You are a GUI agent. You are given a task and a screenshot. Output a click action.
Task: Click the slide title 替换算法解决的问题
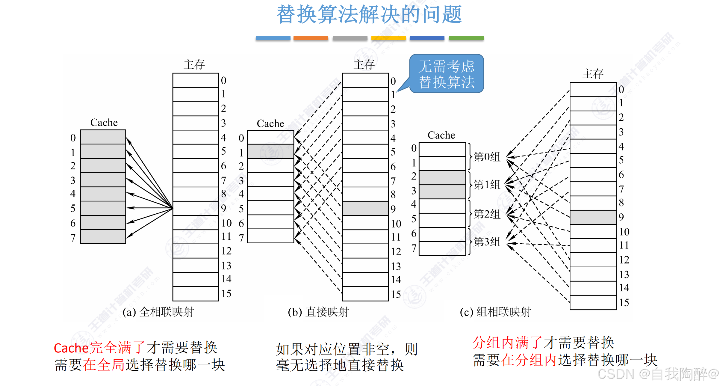pyautogui.click(x=369, y=14)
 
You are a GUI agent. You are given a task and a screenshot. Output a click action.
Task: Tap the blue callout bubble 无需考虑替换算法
pyautogui.click(x=446, y=74)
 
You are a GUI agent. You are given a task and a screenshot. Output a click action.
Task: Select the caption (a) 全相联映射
pyautogui.click(x=158, y=312)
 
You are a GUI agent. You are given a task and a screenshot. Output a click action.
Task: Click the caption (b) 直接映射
pyautogui.click(x=318, y=312)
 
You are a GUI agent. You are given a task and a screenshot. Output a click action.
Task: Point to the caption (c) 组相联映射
pyautogui.click(x=495, y=312)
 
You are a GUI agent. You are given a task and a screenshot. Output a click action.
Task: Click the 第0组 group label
pyautogui.click(x=487, y=157)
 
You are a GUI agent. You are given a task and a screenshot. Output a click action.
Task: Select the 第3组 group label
pyautogui.click(x=487, y=242)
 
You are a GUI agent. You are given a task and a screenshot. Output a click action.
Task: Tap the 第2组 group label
pyautogui.click(x=487, y=214)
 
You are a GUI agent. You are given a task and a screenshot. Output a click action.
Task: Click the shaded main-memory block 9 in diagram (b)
pyautogui.click(x=365, y=208)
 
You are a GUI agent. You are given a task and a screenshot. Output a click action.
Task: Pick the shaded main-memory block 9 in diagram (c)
pyautogui.click(x=593, y=217)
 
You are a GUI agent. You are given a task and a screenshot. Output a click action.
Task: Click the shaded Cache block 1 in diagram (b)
pyautogui.click(x=270, y=151)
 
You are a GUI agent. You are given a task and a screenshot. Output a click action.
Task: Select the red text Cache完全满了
pyautogui.click(x=99, y=348)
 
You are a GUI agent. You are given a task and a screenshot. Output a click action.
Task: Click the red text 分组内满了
pyautogui.click(x=507, y=343)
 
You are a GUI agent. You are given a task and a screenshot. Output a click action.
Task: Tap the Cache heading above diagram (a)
pyautogui.click(x=104, y=122)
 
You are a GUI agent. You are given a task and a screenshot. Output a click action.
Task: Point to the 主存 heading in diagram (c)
pyautogui.click(x=593, y=74)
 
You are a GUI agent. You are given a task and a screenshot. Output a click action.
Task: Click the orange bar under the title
pyautogui.click(x=311, y=38)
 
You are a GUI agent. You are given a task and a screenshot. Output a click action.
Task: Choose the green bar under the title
pyautogui.click(x=466, y=38)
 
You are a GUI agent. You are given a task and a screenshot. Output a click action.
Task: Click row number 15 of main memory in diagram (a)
pyautogui.click(x=226, y=293)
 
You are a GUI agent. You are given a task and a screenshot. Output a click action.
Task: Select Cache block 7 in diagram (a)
pyautogui.click(x=103, y=237)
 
